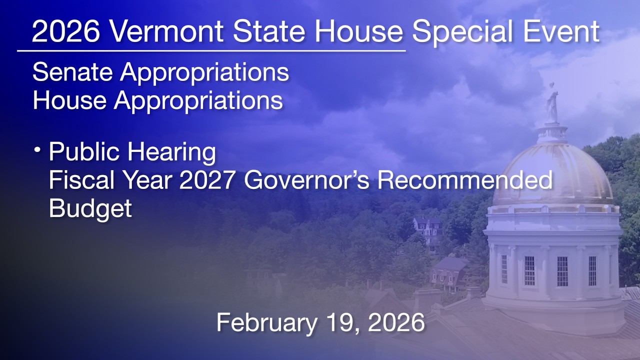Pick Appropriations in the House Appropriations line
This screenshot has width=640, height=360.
pos(198,100)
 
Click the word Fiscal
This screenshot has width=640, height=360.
pos(80,180)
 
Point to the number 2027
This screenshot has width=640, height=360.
pos(206,180)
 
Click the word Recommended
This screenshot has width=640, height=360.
pos(464,180)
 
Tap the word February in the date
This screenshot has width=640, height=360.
pos(266,322)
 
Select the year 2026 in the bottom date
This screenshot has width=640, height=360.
pos(396,322)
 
